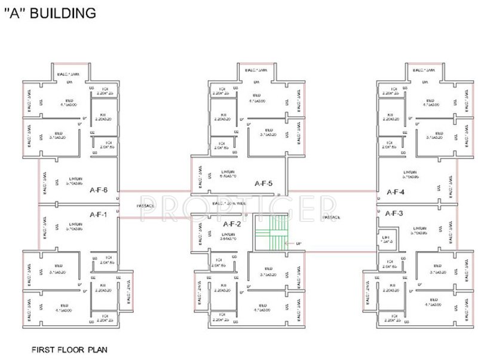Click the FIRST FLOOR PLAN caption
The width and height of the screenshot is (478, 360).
coord(69,347)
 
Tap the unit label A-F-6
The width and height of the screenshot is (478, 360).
coord(98,191)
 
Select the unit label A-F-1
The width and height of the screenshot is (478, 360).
coord(98,214)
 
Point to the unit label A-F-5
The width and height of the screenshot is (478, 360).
coord(263,184)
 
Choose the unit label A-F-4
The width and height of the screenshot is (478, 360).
coord(396,192)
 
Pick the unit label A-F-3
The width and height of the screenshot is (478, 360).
coord(394,213)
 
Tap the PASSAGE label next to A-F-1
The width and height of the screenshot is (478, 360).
coord(146,206)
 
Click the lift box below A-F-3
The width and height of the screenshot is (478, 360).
coord(387,240)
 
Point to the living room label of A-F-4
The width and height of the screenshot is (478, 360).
coord(411,175)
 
